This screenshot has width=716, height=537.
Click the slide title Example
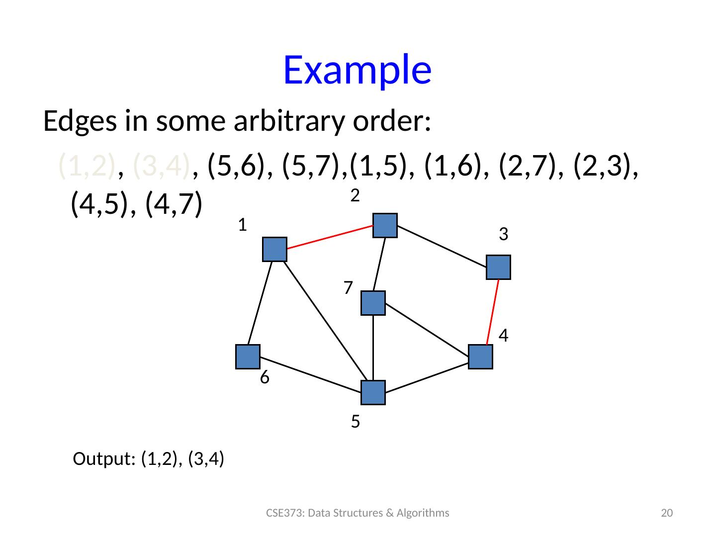[x=357, y=70]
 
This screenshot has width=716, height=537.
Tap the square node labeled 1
[x=274, y=249]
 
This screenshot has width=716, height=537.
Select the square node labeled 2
[x=385, y=225]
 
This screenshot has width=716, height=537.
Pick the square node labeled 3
[x=499, y=267]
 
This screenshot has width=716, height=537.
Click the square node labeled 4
[x=480, y=357]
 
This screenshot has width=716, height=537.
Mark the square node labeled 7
[x=373, y=303]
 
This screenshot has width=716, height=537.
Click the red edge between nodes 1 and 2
[x=330, y=237]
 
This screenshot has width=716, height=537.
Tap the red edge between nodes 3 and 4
[x=492, y=312]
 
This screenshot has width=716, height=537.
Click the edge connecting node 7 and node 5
[x=373, y=348]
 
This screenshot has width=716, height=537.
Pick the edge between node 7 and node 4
[x=427, y=330]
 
